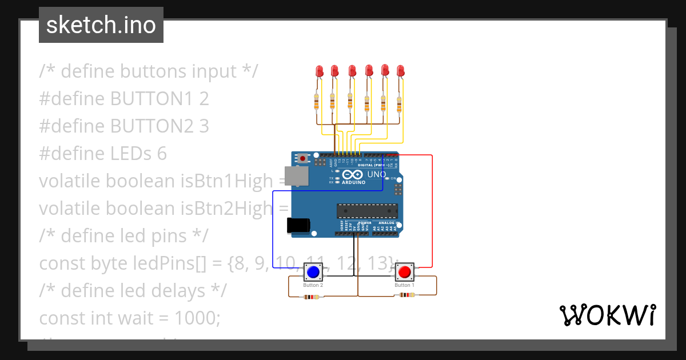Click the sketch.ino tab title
(x=101, y=25)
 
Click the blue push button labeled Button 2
(x=313, y=271)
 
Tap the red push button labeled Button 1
(x=404, y=271)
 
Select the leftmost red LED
(x=320, y=71)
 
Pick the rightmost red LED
(x=400, y=71)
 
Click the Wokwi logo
(x=607, y=315)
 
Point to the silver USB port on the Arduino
(x=296, y=176)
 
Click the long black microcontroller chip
(x=367, y=211)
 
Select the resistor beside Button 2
(x=312, y=297)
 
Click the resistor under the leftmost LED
(x=317, y=102)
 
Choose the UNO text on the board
(x=376, y=174)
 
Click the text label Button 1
(x=404, y=285)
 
